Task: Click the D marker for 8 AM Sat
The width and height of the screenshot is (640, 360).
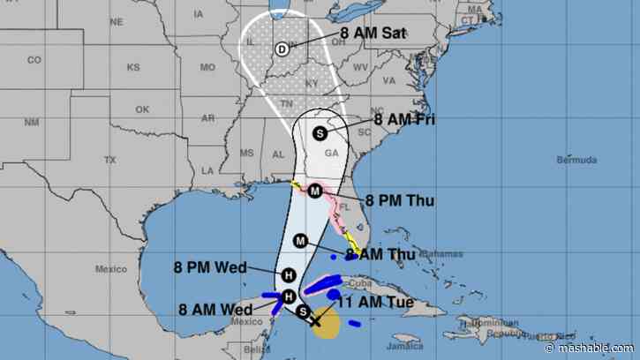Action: point(282,49)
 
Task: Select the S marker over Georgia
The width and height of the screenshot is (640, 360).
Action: point(320,132)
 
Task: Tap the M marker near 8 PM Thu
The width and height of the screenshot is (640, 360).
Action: point(314,190)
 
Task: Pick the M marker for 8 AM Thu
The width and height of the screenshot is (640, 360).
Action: point(300,241)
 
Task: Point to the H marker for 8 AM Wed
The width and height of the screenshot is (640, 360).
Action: point(287,296)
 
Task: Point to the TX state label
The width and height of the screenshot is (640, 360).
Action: point(109,160)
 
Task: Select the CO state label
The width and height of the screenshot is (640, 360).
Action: point(34,60)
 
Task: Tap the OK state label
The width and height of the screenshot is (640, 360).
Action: point(143,110)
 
